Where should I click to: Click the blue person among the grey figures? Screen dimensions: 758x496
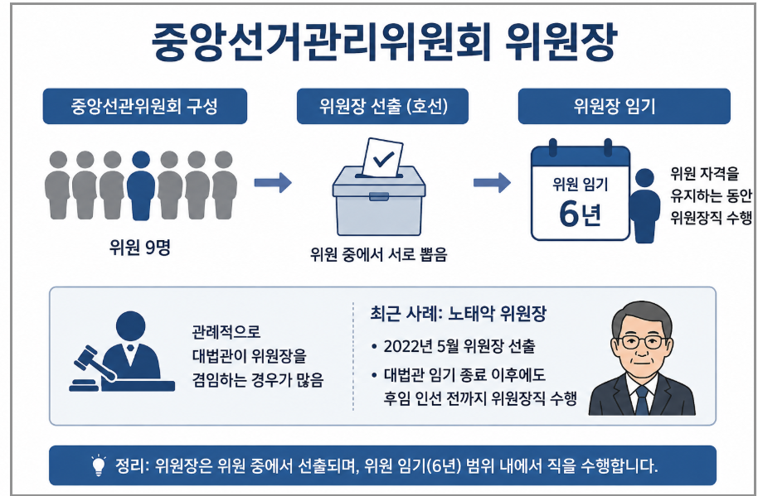coord(141,185)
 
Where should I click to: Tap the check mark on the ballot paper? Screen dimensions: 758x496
coord(383,158)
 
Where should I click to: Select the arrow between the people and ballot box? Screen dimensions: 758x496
coord(273,182)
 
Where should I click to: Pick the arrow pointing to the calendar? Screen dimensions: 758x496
coord(492,182)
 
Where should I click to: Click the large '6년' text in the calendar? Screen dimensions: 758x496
coord(580,214)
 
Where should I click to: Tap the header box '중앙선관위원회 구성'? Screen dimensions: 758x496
coord(145,106)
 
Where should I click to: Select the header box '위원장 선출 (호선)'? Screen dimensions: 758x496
coord(382,106)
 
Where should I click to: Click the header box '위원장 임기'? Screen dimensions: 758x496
coord(624,106)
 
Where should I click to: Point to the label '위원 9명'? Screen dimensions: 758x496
coord(140,248)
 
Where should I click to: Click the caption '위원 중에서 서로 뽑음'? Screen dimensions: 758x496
coord(378,254)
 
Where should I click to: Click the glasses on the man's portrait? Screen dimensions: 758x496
coord(643,342)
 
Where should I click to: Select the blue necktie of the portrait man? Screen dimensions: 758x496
coord(642,401)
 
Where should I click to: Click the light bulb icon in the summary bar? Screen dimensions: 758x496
coord(99,465)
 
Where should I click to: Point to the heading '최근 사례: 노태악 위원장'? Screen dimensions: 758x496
coord(459,314)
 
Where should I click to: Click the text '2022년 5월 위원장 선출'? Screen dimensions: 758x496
coord(459,346)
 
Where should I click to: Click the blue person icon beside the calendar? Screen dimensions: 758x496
coord(644,205)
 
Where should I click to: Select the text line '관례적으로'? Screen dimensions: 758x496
coord(226,331)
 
